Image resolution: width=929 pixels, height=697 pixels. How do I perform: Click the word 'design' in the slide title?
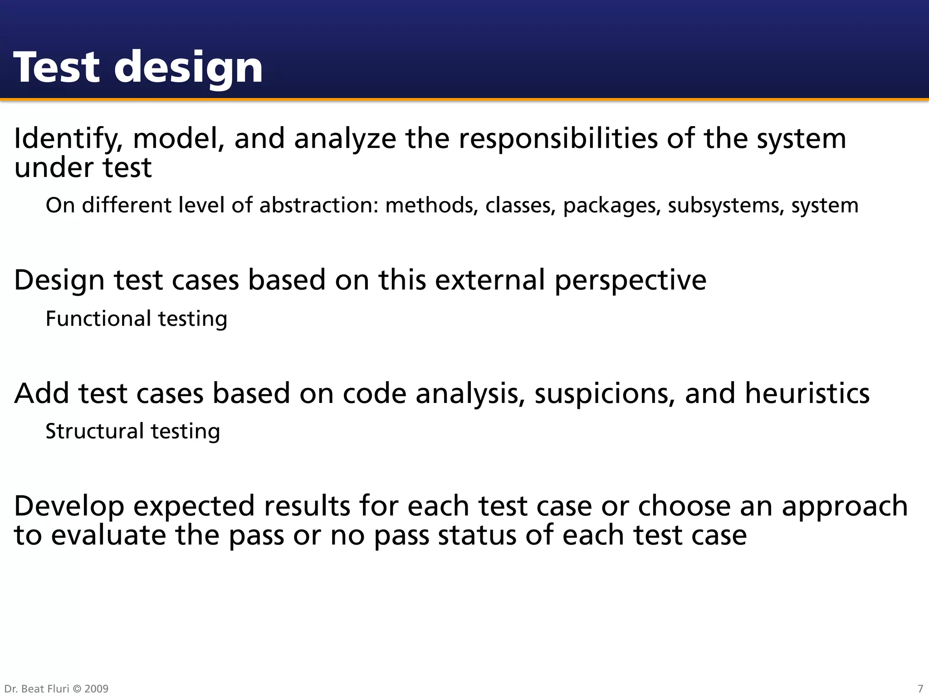[188, 68]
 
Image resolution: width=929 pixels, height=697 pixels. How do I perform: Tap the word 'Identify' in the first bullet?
[68, 139]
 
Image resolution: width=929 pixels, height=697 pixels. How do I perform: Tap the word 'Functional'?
[98, 319]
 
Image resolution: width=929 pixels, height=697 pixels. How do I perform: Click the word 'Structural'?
[95, 431]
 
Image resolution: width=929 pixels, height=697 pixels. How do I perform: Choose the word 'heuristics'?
[807, 393]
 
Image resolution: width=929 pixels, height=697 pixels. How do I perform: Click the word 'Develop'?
[69, 507]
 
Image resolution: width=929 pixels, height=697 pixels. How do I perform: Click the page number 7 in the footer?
[920, 689]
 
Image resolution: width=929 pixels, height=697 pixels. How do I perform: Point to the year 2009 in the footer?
[96, 689]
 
